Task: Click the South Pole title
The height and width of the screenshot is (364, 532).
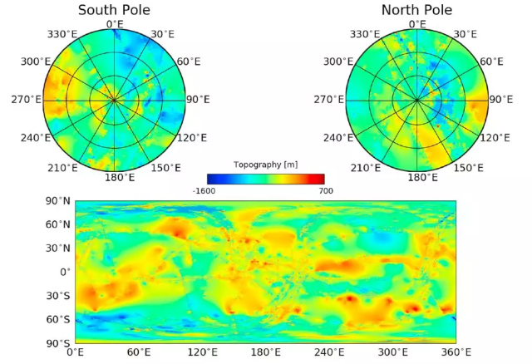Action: [114, 10]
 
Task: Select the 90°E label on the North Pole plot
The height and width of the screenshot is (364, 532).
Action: [500, 100]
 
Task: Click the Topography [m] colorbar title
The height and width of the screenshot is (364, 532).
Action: [265, 165]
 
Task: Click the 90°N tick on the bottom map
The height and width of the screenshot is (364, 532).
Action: [57, 201]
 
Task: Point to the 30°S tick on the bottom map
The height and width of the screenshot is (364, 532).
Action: [57, 295]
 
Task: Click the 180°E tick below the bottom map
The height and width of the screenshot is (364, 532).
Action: [265, 352]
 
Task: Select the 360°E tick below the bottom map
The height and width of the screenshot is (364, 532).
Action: [456, 352]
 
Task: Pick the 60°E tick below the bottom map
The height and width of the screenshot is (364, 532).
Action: [138, 352]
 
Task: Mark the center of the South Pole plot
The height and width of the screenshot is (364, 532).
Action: [114, 100]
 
